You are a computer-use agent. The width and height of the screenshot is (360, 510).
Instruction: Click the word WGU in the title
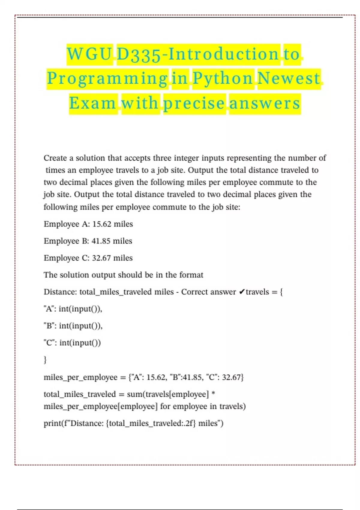click(89, 54)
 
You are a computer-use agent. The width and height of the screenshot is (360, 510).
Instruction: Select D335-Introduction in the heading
click(198, 54)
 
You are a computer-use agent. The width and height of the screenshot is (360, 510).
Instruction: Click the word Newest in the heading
click(289, 79)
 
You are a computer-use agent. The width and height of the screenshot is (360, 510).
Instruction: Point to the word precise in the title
click(194, 103)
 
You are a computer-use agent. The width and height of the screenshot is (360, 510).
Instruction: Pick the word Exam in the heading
click(93, 103)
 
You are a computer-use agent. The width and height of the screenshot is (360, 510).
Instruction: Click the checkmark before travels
click(242, 292)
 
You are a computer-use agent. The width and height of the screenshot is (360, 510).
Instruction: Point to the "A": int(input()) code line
click(73, 309)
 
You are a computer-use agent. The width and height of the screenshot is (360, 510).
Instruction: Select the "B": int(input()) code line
click(73, 326)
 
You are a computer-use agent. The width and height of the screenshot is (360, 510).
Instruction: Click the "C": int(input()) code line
click(72, 343)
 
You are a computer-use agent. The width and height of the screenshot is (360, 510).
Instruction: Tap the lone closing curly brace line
click(45, 359)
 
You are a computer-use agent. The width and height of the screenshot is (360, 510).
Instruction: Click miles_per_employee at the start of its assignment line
click(80, 377)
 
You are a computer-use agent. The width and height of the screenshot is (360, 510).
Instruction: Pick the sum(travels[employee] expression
click(168, 394)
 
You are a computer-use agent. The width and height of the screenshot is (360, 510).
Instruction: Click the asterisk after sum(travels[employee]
click(213, 393)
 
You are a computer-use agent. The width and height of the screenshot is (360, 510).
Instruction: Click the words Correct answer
click(208, 292)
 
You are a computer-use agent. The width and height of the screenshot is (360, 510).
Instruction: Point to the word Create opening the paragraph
click(55, 158)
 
